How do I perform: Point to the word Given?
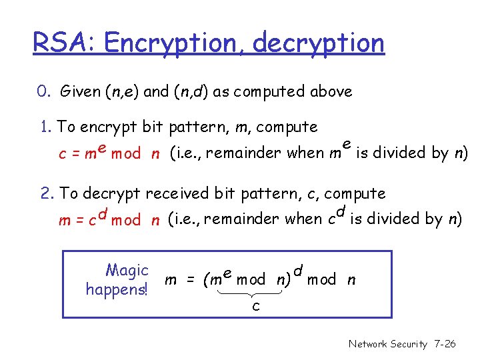(80, 91)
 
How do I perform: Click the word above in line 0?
(331, 91)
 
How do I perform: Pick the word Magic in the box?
(127, 271)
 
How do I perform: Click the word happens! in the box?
(117, 289)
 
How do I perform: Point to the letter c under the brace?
(256, 306)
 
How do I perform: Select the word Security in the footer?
(409, 344)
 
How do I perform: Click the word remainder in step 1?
(249, 153)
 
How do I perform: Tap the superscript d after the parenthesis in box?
(298, 269)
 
